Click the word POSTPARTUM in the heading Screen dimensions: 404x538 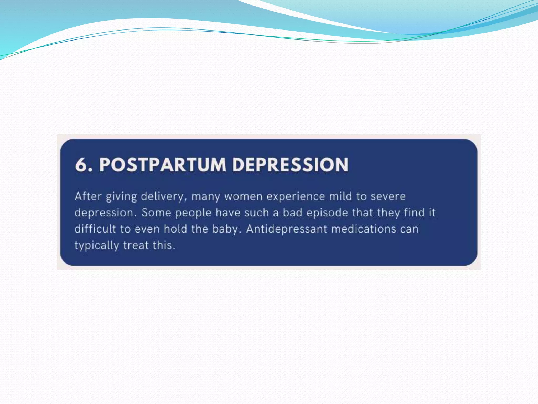163,165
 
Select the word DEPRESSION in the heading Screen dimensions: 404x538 290,165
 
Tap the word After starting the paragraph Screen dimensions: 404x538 88,196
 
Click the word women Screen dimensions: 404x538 243,196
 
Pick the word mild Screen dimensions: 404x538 340,196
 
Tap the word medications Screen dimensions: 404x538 364,229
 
